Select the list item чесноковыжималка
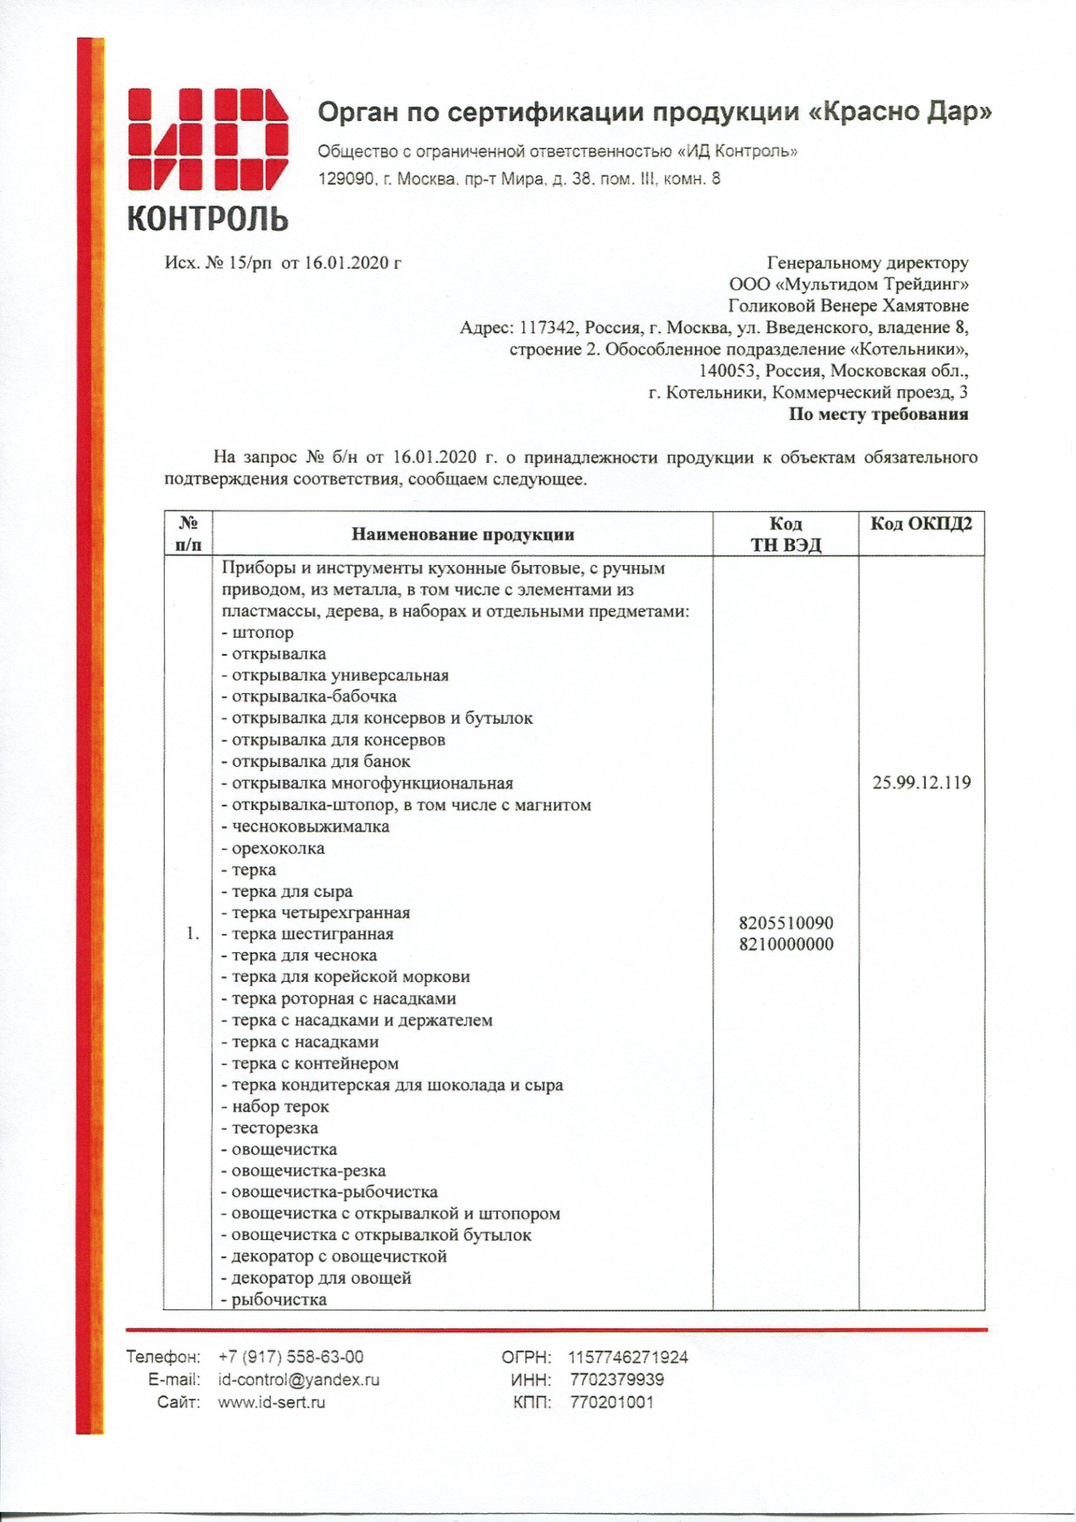(310, 827)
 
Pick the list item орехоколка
(278, 848)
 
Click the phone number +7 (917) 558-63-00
(291, 1357)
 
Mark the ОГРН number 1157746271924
(628, 1357)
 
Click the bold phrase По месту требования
(878, 415)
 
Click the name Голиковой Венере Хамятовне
(848, 306)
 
